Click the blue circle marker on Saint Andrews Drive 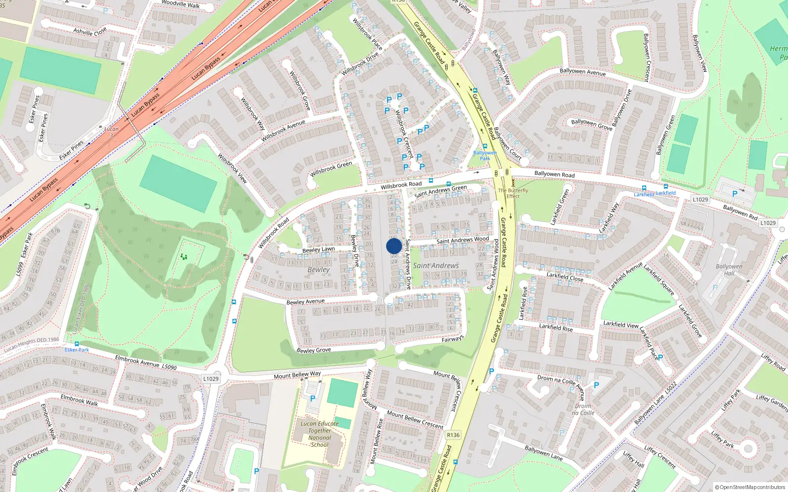(394, 246)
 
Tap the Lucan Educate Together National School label (320, 434)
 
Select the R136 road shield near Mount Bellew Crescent (453, 435)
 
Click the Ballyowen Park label (485, 155)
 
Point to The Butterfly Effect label (513, 193)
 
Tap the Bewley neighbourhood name (319, 270)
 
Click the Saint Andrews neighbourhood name (436, 266)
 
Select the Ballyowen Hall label (729, 270)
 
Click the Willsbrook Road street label (401, 184)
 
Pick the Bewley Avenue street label (305, 301)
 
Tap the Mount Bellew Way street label (297, 375)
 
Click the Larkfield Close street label (564, 277)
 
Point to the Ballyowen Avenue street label (583, 72)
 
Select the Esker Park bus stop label (77, 350)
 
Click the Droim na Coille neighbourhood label (583, 409)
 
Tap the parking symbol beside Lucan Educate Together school (312, 399)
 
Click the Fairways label (452, 339)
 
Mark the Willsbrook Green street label (331, 169)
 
